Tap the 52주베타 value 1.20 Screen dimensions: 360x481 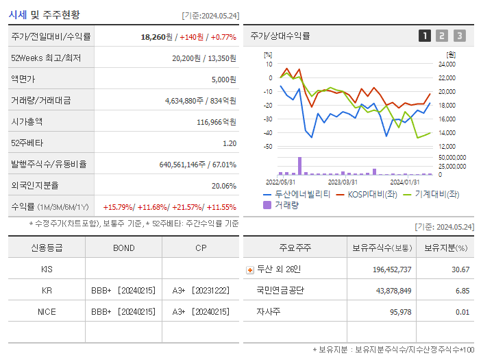tap(230, 143)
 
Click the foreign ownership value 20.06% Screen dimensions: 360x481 tap(223, 185)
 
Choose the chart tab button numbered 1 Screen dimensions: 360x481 tap(425, 36)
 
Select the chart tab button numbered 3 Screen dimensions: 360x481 tap(459, 36)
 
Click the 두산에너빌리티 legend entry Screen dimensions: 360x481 tap(297, 194)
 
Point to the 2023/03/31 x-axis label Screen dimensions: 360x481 tap(343, 182)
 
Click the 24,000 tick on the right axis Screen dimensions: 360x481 tap(446, 64)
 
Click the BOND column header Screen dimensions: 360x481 tap(123, 248)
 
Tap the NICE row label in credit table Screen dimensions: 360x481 tap(47, 311)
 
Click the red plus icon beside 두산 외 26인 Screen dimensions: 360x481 tap(250, 269)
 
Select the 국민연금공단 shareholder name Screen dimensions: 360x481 tap(280, 291)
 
